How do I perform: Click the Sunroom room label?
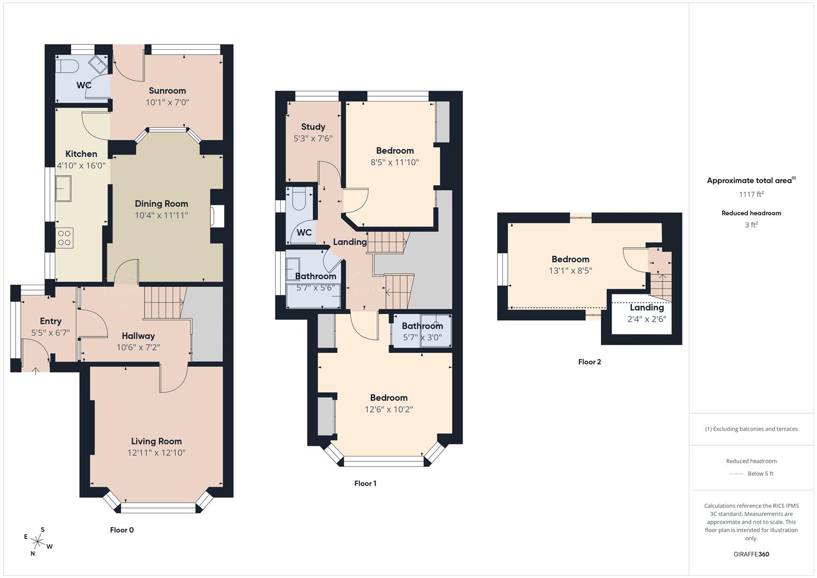pyautogui.click(x=167, y=90)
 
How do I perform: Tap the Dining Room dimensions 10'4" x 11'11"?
pyautogui.click(x=161, y=215)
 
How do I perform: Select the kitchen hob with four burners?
pyautogui.click(x=65, y=238)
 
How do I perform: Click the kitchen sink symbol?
pyautogui.click(x=64, y=188)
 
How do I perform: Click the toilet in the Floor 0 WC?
pyautogui.click(x=67, y=66)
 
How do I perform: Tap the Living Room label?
pyautogui.click(x=156, y=441)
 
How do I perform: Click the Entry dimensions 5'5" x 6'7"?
pyautogui.click(x=50, y=332)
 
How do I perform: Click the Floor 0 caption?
pyautogui.click(x=121, y=530)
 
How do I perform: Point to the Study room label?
pyautogui.click(x=313, y=127)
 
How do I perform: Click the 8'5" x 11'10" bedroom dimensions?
pyautogui.click(x=394, y=162)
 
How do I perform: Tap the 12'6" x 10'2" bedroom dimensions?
pyautogui.click(x=388, y=409)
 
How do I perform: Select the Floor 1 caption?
pyautogui.click(x=365, y=483)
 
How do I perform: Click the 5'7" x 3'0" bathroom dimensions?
pyautogui.click(x=422, y=337)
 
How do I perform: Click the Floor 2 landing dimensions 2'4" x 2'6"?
pyautogui.click(x=646, y=319)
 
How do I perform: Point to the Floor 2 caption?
pyautogui.click(x=589, y=362)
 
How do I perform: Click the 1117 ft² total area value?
pyautogui.click(x=751, y=194)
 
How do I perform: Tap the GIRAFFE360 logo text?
pyautogui.click(x=751, y=554)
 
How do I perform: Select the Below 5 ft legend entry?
pyautogui.click(x=760, y=474)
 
